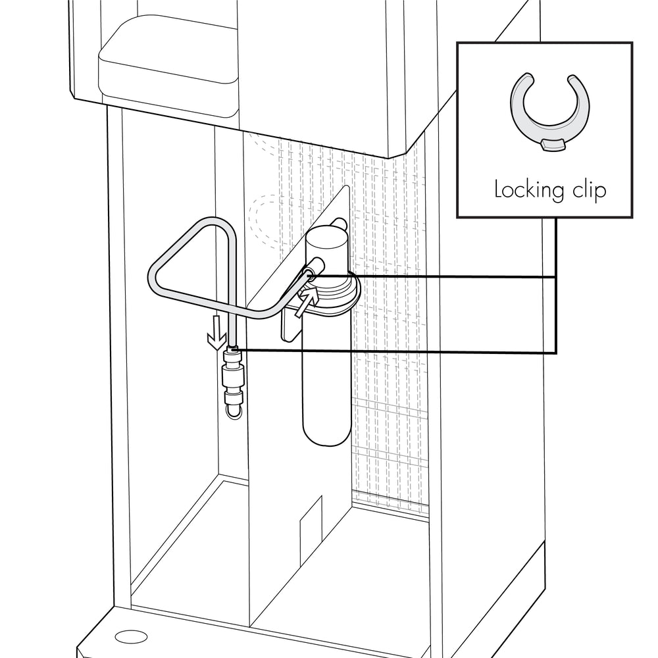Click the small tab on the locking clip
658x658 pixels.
click(x=552, y=145)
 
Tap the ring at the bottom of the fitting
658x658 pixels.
click(x=234, y=412)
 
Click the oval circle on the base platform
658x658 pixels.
click(x=132, y=636)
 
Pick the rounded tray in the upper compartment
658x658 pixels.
click(x=168, y=67)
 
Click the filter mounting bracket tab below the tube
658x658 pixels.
click(x=290, y=324)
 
